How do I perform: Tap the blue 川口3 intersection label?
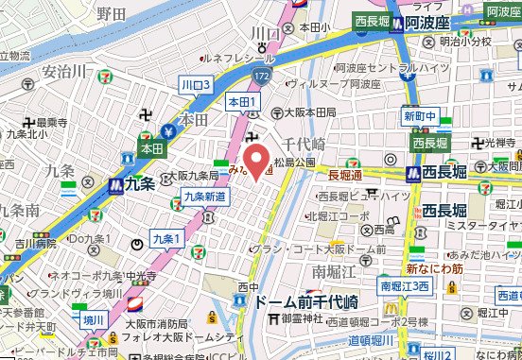195,85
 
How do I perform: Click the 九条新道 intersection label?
203,195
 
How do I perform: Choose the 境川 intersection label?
94,319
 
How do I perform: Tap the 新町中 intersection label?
419,117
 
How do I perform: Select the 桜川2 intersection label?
438,353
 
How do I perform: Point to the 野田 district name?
111,13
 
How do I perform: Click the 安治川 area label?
66,72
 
